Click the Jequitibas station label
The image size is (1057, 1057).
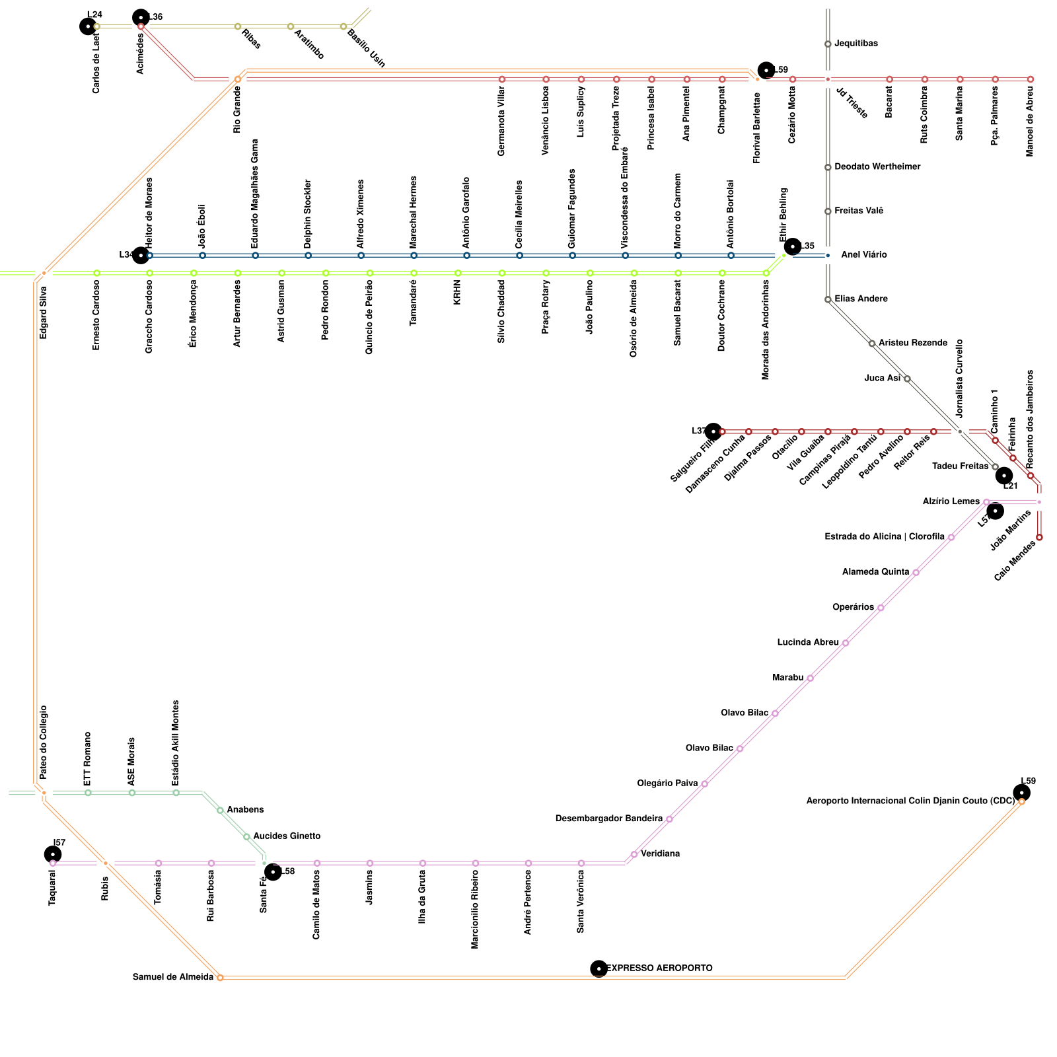[x=856, y=44]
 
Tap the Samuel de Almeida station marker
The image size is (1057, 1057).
[x=220, y=977]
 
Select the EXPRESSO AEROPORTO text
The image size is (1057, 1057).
[x=659, y=968]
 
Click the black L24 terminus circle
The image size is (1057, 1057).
[x=88, y=26]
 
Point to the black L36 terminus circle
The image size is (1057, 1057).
[x=141, y=17]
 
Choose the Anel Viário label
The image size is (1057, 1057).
[x=863, y=255]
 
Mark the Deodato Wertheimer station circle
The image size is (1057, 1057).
[x=828, y=167]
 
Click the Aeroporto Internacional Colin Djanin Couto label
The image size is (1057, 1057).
[x=910, y=801]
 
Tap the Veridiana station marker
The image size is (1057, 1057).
[x=634, y=854]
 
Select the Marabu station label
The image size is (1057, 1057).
[x=787, y=678]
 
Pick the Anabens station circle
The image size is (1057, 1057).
[x=220, y=810]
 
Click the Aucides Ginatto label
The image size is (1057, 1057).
[x=287, y=836]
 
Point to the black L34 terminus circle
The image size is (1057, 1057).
[x=141, y=255]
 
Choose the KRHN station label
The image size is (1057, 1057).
[x=457, y=291]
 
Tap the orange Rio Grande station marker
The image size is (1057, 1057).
[x=238, y=79]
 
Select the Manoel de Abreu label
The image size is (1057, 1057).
[x=1031, y=121]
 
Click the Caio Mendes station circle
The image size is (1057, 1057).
[x=1039, y=537]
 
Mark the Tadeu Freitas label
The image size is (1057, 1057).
[x=960, y=466]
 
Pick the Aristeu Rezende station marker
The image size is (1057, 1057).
[x=872, y=344]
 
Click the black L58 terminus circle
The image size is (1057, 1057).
[x=273, y=872]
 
